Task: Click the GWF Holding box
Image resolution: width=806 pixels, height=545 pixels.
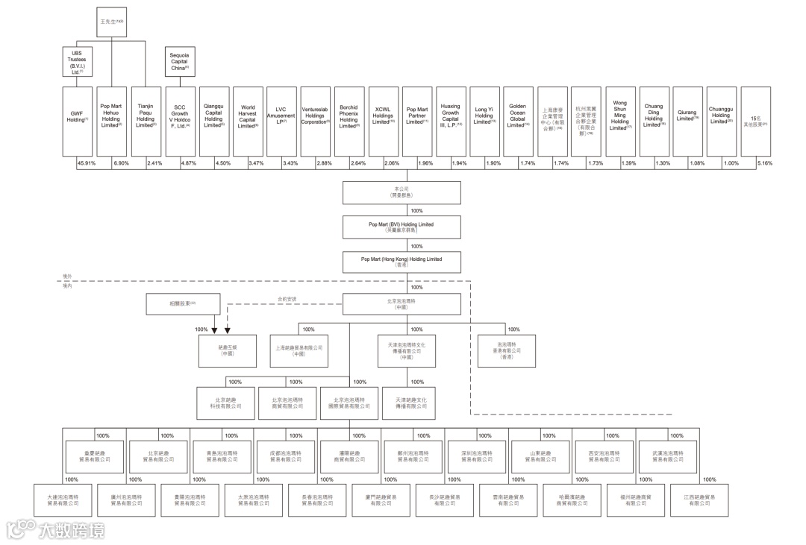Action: click(77, 119)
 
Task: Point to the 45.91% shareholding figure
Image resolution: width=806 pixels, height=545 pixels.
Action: click(84, 163)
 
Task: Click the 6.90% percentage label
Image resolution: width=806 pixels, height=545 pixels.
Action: click(121, 163)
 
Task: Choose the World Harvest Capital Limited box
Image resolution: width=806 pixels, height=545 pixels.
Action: click(248, 119)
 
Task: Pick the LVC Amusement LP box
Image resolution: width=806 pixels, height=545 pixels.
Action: click(281, 119)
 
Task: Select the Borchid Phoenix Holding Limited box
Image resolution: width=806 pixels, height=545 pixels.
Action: click(349, 119)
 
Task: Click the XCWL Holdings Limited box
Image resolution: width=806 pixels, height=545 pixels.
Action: click(384, 119)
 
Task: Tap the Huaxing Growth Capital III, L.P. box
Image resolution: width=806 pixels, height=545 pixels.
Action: click(451, 119)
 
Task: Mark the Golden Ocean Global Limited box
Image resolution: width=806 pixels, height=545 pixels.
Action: click(517, 119)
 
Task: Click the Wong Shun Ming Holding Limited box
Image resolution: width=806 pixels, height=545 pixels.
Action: click(619, 119)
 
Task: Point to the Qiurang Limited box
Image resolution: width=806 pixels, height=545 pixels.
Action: click(687, 119)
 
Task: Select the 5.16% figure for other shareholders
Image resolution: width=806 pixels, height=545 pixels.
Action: click(765, 163)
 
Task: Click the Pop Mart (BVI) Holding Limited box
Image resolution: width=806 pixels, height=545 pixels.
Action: click(401, 227)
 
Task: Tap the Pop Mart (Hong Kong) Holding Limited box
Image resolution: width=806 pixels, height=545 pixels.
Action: click(401, 262)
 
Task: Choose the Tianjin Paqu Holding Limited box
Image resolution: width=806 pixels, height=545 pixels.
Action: click(146, 119)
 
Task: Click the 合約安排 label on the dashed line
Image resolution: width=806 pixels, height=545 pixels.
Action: click(287, 300)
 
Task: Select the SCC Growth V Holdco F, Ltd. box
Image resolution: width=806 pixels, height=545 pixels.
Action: click(180, 119)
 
